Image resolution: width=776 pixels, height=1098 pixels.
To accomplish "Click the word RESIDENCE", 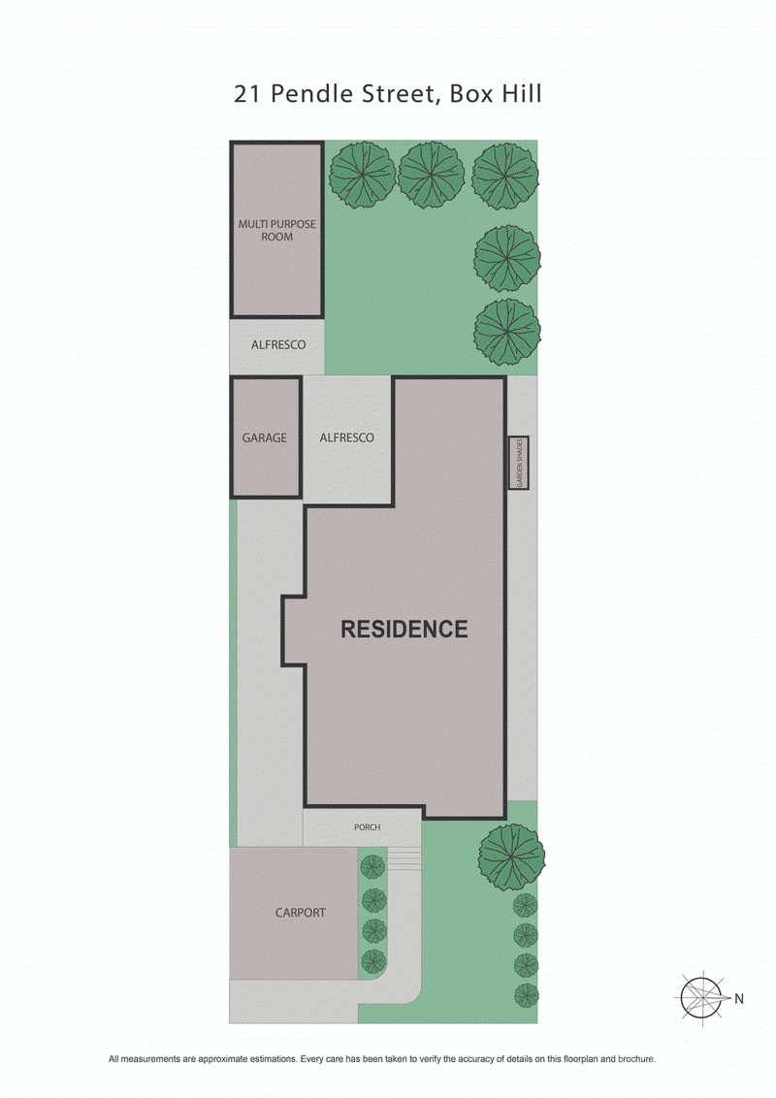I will pos(404,629).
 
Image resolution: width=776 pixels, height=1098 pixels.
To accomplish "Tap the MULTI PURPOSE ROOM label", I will pos(277,230).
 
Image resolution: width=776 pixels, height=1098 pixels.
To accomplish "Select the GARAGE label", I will pos(265,437).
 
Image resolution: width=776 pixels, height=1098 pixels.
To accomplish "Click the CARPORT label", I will pos(300,913).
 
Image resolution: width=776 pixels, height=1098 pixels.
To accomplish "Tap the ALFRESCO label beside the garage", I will pos(346,437).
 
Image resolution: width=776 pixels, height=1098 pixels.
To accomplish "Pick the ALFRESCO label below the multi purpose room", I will pos(278,344).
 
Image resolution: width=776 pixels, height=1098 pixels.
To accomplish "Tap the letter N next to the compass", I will pos(738,998).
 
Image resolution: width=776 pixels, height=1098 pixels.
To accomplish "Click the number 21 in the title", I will pos(246,94).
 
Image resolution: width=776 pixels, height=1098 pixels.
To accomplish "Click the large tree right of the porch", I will pos(511,856).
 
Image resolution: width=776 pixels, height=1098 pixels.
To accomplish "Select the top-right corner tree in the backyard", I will pos(503,176).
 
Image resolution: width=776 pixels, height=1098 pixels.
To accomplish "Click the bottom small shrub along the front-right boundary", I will pos(525,994).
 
